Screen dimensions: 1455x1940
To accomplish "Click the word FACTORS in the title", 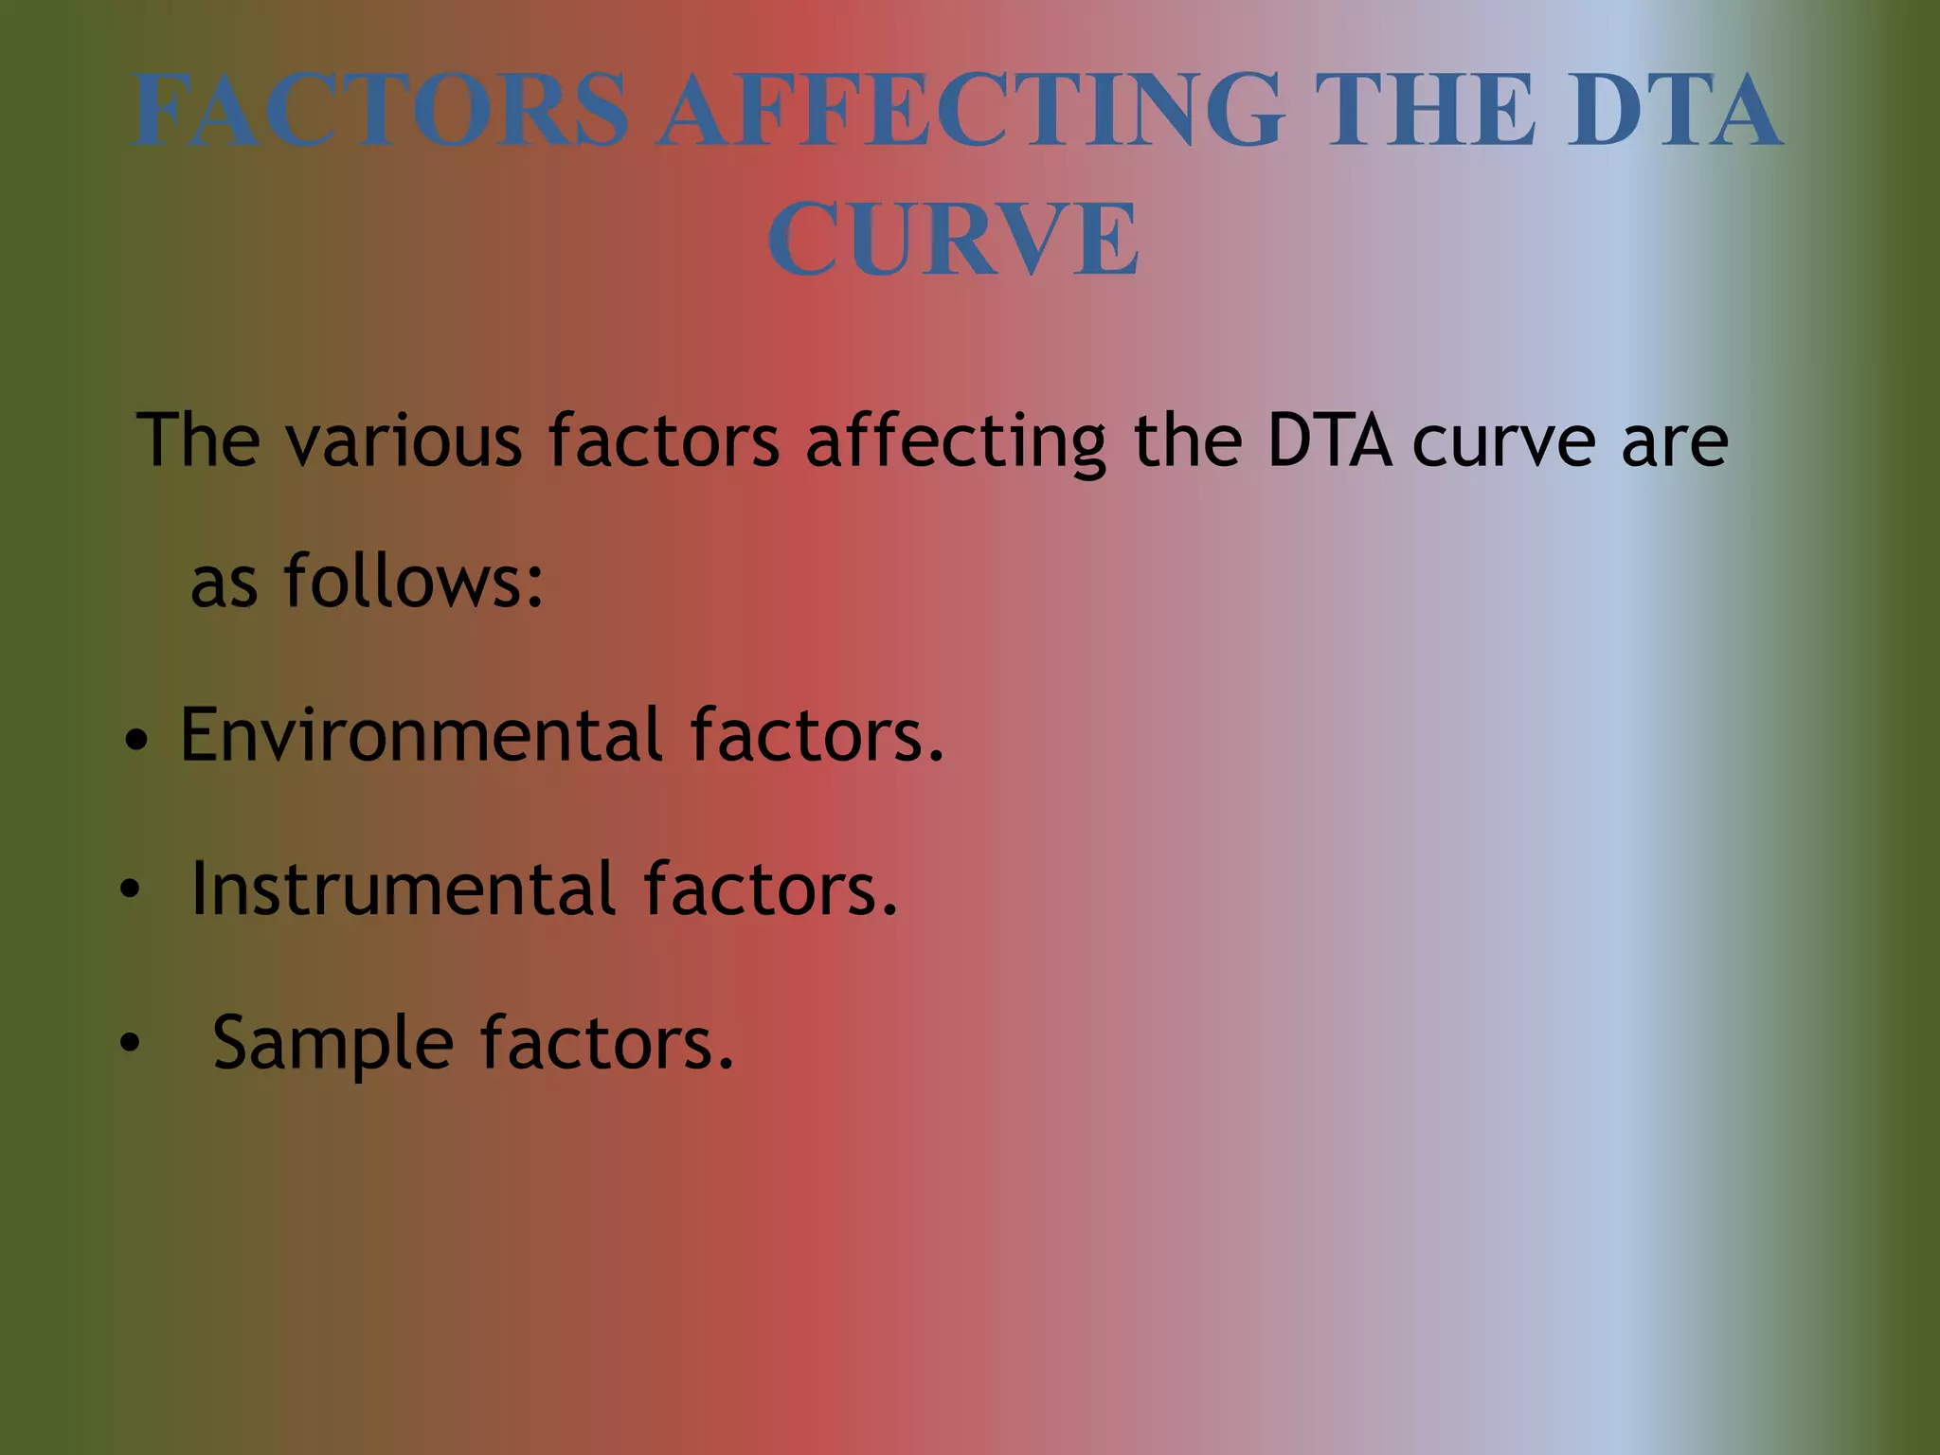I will click(x=381, y=111).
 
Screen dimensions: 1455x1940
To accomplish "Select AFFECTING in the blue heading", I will click(x=972, y=111).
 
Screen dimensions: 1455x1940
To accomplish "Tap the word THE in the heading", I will click(x=1426, y=111).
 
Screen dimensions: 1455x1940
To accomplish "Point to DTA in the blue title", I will click(x=1674, y=111).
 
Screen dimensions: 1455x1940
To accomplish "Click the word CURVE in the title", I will click(x=953, y=240).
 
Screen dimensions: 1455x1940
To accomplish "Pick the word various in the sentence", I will click(x=404, y=440).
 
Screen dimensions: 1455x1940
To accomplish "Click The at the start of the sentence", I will click(x=198, y=440).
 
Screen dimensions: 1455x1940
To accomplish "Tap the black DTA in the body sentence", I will click(x=1329, y=440).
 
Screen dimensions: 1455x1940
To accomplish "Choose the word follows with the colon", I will click(x=414, y=580).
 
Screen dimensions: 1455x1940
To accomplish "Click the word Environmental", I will click(x=422, y=734).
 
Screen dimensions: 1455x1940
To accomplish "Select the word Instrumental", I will click(x=404, y=889).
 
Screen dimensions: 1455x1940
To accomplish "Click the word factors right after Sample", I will click(x=606, y=1042).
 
